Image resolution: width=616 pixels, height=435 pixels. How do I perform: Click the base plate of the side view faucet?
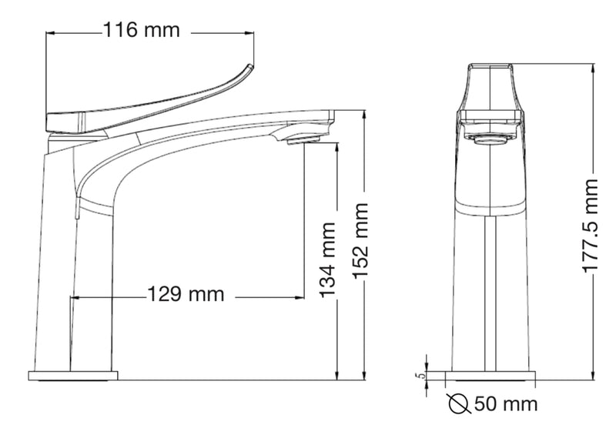73,376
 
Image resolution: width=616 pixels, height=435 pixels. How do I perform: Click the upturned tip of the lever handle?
248,68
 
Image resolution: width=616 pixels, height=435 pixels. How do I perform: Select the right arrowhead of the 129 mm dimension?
301,296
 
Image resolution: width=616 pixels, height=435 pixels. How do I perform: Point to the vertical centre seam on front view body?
490,293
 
